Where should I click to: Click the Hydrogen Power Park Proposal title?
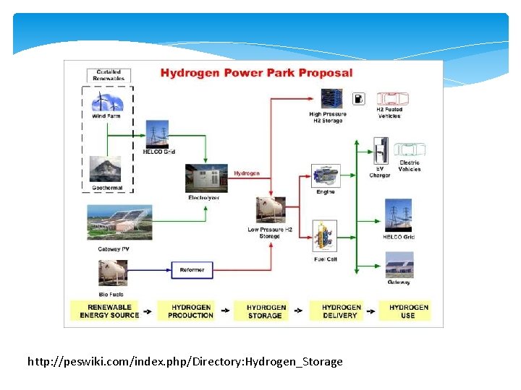(256, 73)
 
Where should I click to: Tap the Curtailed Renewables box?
(109, 74)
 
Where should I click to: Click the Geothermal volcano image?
(106, 170)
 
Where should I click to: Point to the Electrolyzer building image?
(206, 178)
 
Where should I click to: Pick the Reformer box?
(192, 270)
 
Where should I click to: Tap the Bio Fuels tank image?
(112, 273)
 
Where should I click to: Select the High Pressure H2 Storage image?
(331, 98)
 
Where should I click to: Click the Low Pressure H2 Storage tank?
(270, 210)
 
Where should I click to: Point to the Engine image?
(326, 175)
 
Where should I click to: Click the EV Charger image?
(381, 153)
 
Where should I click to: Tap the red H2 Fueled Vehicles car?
(391, 99)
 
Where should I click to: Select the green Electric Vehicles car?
(409, 149)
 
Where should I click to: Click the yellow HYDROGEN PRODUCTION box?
(190, 311)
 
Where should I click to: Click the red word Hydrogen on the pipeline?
(246, 173)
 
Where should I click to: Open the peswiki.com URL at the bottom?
(185, 361)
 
